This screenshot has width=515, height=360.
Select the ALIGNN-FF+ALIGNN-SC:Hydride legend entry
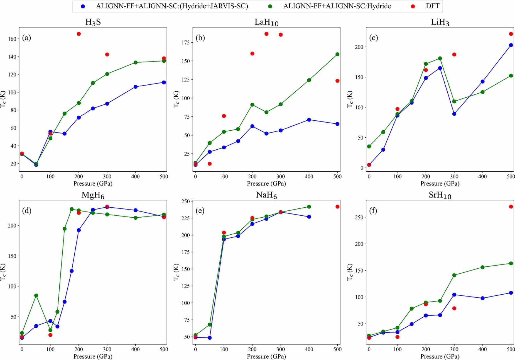tap(337, 6)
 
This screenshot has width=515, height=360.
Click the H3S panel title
tap(93, 22)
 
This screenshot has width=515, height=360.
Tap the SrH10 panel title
tap(440, 195)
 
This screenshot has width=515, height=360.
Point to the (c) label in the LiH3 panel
tap(373, 38)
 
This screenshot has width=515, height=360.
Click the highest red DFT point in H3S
tap(79, 34)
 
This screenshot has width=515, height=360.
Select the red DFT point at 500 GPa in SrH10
tap(511, 207)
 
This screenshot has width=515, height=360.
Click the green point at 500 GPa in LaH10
tap(337, 54)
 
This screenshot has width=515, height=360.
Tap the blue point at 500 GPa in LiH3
tap(511, 45)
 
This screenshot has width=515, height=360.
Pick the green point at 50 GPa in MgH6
tap(36, 296)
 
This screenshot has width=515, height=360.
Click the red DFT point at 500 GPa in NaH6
tap(337, 207)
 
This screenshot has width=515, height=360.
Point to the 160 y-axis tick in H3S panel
tap(12, 39)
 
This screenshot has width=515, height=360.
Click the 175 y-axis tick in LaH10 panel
tap(185, 42)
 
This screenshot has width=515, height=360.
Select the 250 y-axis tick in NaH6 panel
tap(185, 201)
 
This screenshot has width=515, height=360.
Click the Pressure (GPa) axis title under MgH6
tap(93, 356)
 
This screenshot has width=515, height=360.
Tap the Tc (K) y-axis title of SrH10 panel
tap(350, 272)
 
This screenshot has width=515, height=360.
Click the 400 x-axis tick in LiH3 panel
tap(482, 176)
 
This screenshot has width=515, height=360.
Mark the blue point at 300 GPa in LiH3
tap(454, 114)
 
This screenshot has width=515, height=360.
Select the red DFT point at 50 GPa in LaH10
tap(210, 164)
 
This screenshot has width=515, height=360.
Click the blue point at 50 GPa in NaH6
tap(210, 338)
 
